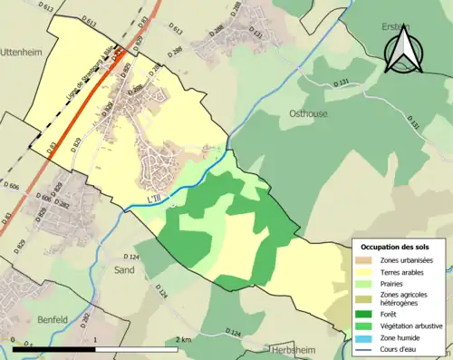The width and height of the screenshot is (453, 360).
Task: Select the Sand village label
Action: [125, 270]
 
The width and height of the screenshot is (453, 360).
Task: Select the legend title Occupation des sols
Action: [396, 247]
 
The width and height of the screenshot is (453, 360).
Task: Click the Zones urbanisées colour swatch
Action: [367, 260]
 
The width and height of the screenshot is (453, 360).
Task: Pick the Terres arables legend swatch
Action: [367, 272]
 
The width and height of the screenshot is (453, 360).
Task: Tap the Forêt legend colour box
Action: [367, 314]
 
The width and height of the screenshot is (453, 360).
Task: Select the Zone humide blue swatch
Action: [367, 337]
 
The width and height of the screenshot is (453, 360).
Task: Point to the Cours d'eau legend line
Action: [367, 349]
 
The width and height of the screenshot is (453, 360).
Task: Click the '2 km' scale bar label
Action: [183, 339]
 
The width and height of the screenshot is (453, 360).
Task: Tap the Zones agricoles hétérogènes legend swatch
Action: [367, 298]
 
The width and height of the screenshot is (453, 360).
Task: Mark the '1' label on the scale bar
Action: [95, 339]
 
